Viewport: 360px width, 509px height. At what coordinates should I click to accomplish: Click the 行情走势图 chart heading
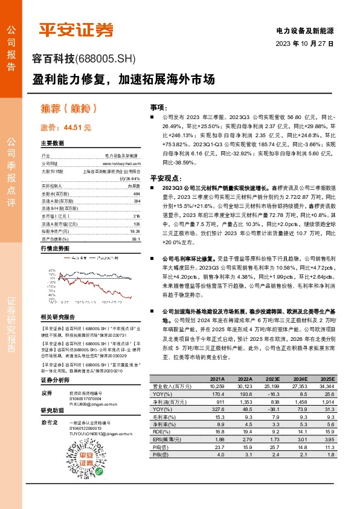[x=55, y=248]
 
